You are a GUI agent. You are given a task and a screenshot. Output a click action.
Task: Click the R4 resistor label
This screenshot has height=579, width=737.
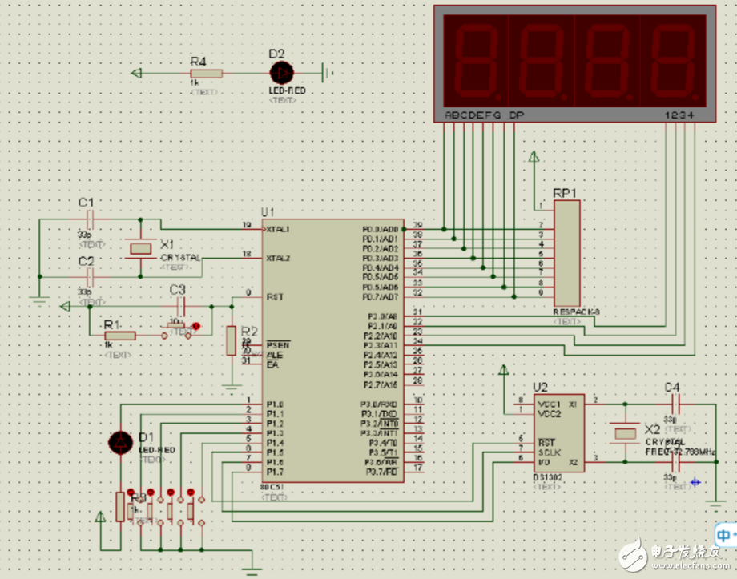tap(198, 61)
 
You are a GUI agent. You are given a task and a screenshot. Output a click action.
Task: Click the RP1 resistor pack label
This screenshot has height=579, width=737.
tap(564, 193)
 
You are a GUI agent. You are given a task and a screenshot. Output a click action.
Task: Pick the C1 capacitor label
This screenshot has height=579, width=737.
tap(86, 202)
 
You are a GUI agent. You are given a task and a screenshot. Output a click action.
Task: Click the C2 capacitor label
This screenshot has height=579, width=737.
tap(86, 262)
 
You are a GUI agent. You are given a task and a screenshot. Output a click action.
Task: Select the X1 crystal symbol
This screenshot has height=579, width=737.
tap(140, 249)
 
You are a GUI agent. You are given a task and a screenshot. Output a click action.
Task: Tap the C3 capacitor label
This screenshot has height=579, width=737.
tap(178, 289)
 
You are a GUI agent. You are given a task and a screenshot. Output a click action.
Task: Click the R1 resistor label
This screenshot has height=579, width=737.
tap(112, 324)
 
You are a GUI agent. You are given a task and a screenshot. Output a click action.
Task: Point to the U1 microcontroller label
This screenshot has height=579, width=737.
tap(268, 211)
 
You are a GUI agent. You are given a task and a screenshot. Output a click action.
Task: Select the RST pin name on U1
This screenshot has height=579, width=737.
tap(276, 297)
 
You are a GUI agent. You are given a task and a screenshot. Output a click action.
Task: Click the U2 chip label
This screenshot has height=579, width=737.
tap(540, 387)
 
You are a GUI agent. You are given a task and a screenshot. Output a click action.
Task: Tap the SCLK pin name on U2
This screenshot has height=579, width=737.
tap(548, 452)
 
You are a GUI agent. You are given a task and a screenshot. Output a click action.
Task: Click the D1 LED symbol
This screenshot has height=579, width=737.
tap(121, 443)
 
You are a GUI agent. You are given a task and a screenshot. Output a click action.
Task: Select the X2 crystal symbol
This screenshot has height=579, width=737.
tap(623, 433)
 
